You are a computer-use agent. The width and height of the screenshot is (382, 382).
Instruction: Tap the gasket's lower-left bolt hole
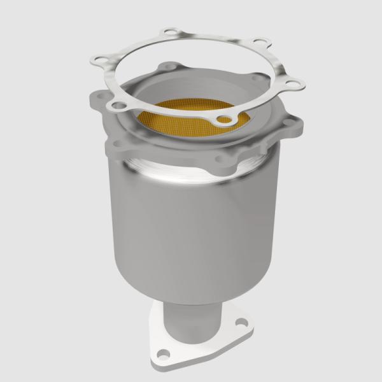[117, 101]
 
